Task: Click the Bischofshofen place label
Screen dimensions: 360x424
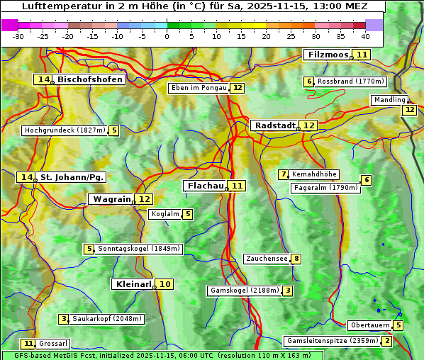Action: [90, 80]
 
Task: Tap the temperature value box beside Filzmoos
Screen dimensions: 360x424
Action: [362, 55]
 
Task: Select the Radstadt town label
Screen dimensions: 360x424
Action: [274, 125]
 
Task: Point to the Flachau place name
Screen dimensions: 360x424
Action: [204, 186]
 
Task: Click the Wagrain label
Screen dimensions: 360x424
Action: [111, 199]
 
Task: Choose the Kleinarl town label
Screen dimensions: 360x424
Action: [133, 284]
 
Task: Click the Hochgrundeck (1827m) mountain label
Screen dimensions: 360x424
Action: [65, 130]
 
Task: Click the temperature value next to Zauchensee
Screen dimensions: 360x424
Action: [296, 259]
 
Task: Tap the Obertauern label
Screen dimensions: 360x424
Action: [370, 325]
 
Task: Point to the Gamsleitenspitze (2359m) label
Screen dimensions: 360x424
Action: [332, 341]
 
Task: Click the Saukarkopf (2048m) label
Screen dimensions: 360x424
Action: [107, 319]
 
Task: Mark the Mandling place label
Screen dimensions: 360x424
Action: [389, 100]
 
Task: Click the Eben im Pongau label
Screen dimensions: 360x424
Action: [199, 88]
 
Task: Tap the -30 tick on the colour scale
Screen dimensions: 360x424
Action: [18, 36]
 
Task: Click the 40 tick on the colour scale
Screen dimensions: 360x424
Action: [365, 36]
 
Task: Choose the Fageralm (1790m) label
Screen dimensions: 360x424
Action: [325, 188]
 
